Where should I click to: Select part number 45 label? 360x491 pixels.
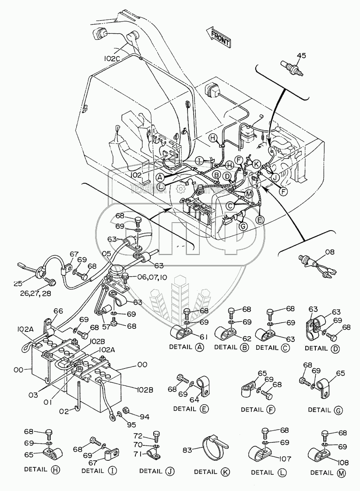[301, 56]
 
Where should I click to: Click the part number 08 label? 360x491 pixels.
[329, 252]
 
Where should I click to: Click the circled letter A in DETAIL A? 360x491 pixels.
[199, 348]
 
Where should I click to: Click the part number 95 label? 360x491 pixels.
[132, 424]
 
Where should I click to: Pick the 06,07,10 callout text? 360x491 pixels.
[152, 277]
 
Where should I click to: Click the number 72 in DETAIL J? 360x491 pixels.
[138, 437]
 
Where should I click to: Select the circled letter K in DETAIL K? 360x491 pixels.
[225, 472]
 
